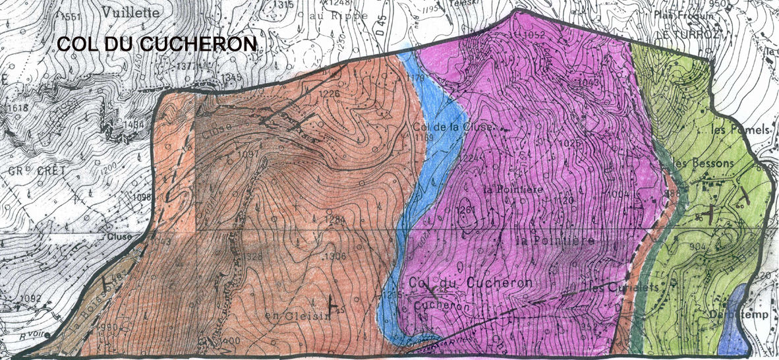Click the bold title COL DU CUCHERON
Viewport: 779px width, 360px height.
pyautogui.click(x=158, y=44)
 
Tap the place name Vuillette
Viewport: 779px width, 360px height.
pyautogui.click(x=130, y=12)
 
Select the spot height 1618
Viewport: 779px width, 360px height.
pyautogui.click(x=13, y=107)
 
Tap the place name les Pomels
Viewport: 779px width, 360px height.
pyautogui.click(x=741, y=131)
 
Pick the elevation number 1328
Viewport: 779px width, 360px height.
pyautogui.click(x=251, y=256)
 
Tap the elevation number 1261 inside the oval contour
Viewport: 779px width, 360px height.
pyautogui.click(x=466, y=210)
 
